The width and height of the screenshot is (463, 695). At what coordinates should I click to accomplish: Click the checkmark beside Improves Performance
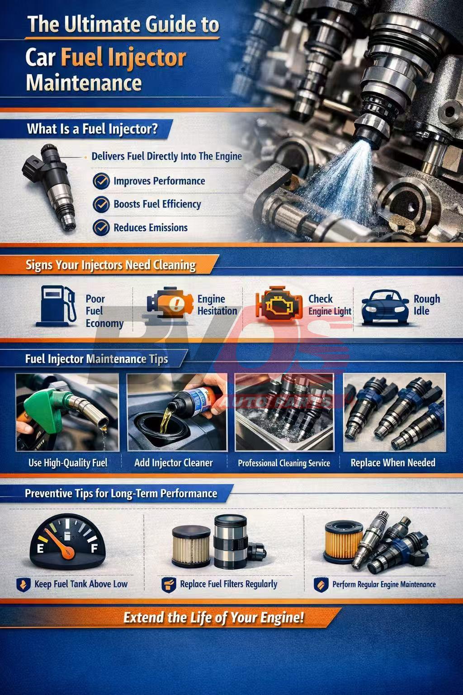coord(101,181)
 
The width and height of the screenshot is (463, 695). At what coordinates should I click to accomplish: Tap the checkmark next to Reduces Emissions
coord(101,228)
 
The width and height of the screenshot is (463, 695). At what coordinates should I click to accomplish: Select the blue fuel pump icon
coord(56,305)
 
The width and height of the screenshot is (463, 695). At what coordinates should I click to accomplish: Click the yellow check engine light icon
coord(279,304)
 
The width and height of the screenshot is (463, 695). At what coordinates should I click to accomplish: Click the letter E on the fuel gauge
coord(40,549)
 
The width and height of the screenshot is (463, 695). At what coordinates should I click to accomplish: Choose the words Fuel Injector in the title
coord(123,58)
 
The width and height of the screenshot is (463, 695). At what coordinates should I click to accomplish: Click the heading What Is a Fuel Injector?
coord(92,129)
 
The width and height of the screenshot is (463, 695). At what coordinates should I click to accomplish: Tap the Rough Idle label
coord(427,305)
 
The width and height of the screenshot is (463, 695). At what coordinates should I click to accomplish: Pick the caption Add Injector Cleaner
coord(173,463)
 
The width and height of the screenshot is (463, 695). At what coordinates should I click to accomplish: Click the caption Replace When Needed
coord(393,462)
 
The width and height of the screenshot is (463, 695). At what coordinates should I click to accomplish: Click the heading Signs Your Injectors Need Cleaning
coord(110,266)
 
